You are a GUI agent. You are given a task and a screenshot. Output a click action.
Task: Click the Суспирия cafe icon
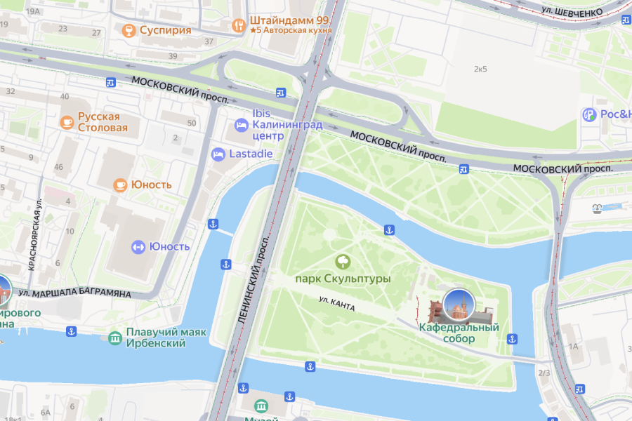(129, 30)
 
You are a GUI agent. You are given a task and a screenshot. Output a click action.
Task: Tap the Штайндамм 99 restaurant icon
(238, 25)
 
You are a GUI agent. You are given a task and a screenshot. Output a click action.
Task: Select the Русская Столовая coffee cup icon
(67, 122)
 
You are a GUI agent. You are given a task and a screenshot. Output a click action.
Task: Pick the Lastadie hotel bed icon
(218, 154)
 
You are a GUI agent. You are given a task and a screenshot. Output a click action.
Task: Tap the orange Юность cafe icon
(121, 185)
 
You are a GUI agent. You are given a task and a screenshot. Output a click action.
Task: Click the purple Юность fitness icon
(138, 246)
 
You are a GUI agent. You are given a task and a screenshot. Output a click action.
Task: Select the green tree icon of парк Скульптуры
(343, 262)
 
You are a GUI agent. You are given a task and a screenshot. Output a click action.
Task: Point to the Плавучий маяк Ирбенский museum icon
(114, 338)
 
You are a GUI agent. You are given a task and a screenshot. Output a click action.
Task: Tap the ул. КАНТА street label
(336, 304)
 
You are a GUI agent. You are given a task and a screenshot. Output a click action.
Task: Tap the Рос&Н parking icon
(588, 114)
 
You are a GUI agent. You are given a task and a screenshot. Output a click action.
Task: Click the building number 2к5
(480, 69)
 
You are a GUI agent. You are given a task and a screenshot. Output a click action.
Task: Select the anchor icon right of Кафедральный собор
(512, 340)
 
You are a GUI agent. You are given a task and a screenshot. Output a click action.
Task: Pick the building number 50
(191, 123)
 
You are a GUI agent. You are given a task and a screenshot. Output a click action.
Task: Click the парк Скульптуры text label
(343, 279)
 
